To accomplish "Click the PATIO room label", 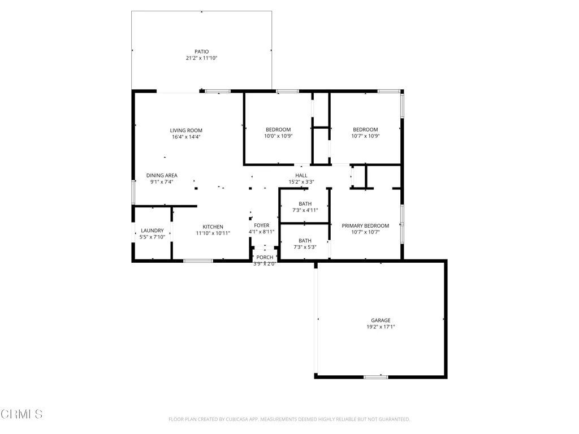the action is tap(202, 51).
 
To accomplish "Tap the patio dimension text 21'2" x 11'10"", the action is tap(202, 58).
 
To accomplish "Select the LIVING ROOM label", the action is tap(186, 131).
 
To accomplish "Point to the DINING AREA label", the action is tap(162, 175).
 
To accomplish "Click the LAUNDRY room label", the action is tap(152, 231).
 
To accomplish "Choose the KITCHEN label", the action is tap(213, 227).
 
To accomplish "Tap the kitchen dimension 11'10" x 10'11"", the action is tap(213, 233).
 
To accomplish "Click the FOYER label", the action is tap(262, 225).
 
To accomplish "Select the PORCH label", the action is tap(265, 257).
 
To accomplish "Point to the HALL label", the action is tap(301, 175).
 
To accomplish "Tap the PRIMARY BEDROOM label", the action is tap(366, 225).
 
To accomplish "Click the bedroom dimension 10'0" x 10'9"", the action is tap(278, 136).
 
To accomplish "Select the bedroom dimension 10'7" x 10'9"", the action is tap(366, 136).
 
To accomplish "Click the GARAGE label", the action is tap(381, 320).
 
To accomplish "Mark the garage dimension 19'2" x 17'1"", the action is tap(381, 327).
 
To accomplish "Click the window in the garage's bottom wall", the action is tap(376, 377).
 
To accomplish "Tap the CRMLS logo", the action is tap(21, 414).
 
